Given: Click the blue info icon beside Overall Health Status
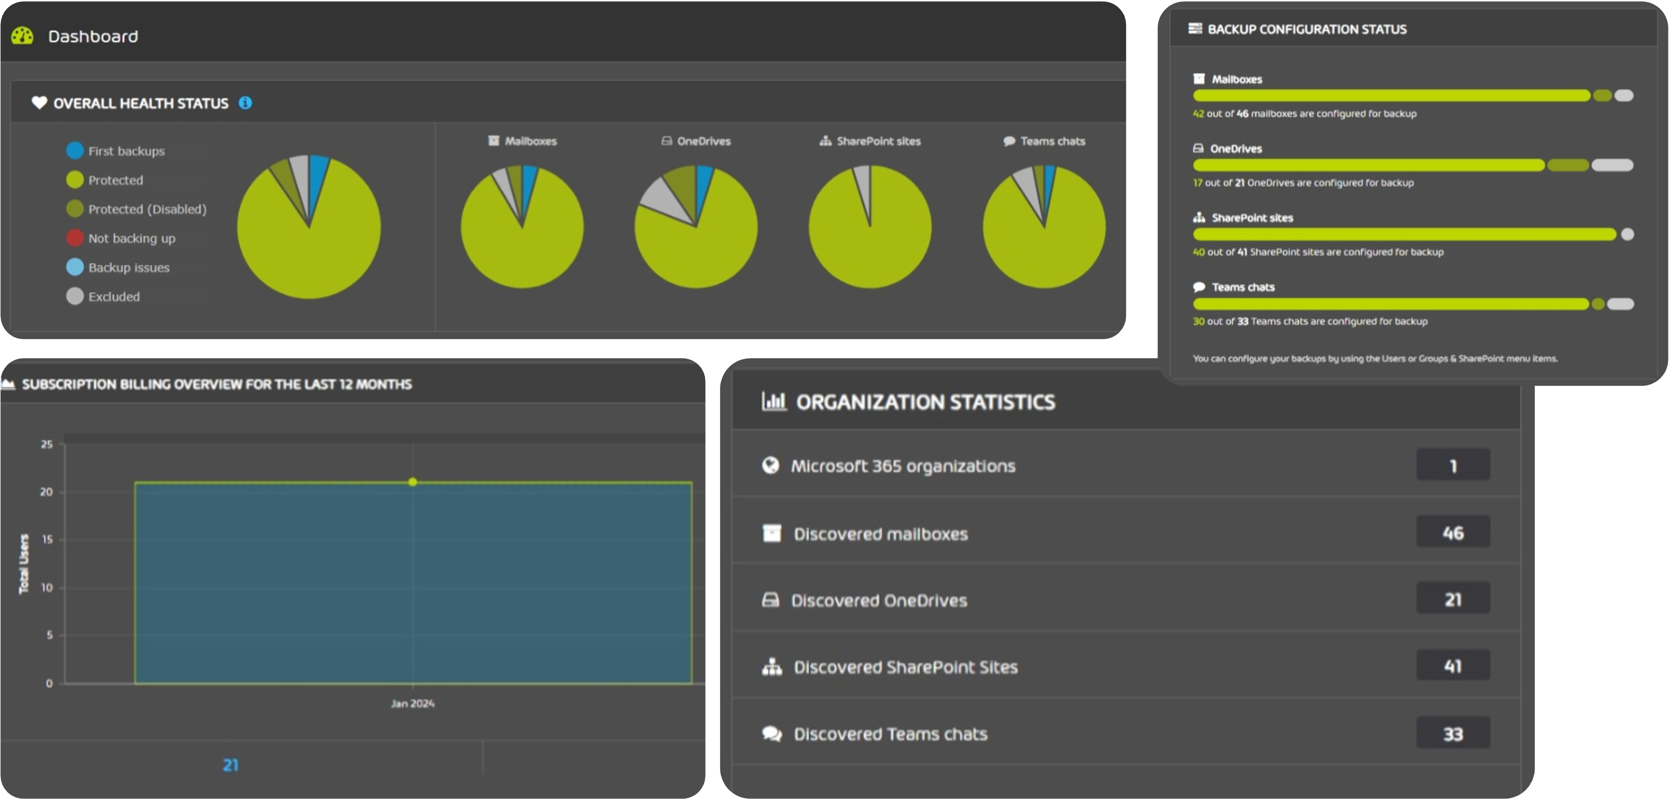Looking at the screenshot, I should pos(245,103).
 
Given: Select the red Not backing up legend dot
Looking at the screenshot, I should pos(75,238).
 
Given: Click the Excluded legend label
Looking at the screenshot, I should pos(114,297).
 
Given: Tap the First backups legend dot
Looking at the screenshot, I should pos(75,150).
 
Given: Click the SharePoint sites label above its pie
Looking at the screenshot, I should pos(878,141).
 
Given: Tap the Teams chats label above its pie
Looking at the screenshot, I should pos(1052,141).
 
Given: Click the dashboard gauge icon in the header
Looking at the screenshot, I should pos(22,36).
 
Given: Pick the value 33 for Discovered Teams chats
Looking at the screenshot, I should pos(1452,734).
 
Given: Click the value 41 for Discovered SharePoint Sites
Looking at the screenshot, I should pos(1452,666).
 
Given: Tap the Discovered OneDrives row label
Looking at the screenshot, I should pos(879,601).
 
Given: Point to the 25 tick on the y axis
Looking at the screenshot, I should pos(47,444).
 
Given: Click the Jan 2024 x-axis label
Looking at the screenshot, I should pos(413,703).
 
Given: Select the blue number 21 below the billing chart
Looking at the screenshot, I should pos(231,765).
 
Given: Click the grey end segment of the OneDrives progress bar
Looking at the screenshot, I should pos(1612,165).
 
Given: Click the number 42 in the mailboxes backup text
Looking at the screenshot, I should pos(1198,113).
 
